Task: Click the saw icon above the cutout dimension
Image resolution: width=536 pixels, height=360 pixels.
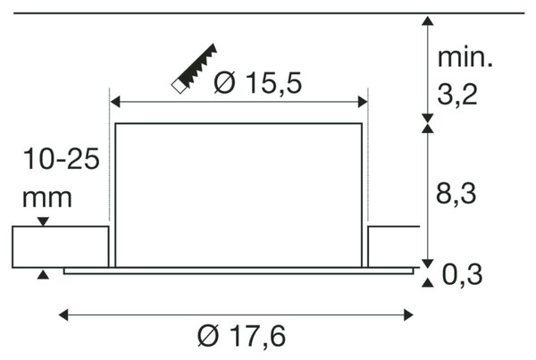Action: point(194,69)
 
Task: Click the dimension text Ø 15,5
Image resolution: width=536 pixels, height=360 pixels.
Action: point(258,83)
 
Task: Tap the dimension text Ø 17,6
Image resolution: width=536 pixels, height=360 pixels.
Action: point(242,337)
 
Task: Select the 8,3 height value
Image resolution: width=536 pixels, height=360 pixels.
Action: point(456,194)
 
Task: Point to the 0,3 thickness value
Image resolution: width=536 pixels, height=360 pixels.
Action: point(462,274)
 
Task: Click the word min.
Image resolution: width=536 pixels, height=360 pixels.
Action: point(465,57)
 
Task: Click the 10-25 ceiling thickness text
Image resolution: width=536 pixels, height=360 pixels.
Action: point(61,159)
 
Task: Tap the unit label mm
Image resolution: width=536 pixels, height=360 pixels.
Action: point(47,198)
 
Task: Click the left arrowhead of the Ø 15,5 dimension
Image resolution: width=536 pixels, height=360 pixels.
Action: point(115,102)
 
